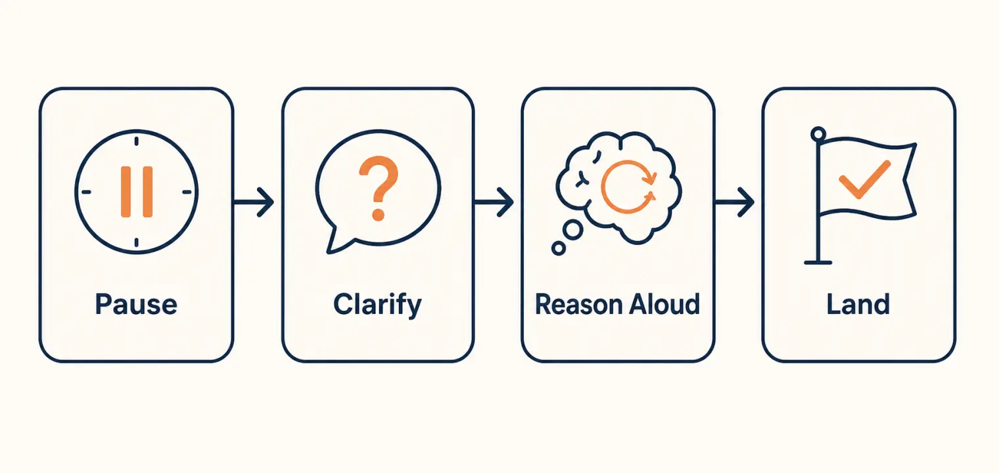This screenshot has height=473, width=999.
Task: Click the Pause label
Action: click(136, 304)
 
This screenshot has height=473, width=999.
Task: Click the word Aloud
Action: click(664, 304)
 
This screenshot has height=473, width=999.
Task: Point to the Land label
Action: click(858, 304)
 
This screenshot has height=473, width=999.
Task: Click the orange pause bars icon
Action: click(137, 192)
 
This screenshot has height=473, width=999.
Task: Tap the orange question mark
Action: click(378, 188)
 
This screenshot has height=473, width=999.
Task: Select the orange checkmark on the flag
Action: click(864, 179)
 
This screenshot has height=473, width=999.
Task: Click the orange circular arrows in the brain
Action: click(628, 187)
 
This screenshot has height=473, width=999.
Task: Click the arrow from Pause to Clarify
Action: click(253, 202)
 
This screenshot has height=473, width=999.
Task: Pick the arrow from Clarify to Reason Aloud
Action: click(493, 202)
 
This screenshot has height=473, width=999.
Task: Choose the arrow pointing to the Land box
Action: click(734, 202)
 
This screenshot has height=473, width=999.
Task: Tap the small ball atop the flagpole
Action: click(818, 134)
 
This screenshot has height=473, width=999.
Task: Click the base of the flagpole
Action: click(818, 263)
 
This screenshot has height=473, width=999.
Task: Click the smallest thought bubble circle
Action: click(559, 248)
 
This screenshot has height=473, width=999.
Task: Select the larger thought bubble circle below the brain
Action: click(572, 230)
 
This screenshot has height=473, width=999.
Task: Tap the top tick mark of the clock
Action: click(137, 141)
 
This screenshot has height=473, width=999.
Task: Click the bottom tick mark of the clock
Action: click(137, 243)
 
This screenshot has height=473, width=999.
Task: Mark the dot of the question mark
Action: click(378, 214)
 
